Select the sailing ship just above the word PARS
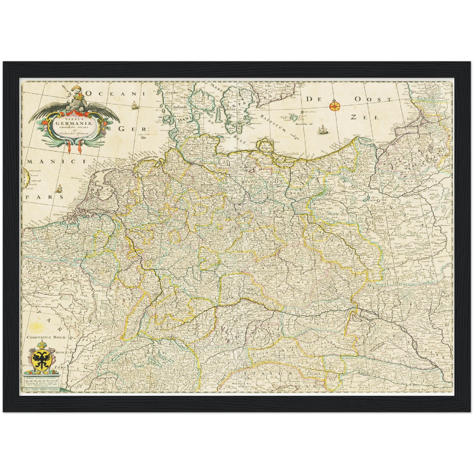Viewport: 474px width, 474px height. (x=59, y=188)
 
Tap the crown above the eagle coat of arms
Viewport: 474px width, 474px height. (x=41, y=344)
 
